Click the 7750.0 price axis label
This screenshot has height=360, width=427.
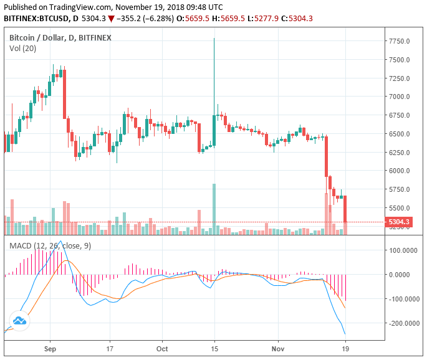click(399, 41)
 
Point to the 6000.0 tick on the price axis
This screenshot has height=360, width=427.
click(399, 171)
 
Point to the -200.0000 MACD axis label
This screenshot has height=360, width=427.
click(403, 323)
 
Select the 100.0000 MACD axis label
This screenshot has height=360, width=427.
click(403, 250)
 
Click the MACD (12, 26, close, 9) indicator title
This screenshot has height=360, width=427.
click(50, 246)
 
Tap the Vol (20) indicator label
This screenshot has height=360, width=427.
click(22, 48)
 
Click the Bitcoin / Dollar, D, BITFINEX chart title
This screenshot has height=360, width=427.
click(60, 37)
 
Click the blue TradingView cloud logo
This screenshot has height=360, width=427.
click(19, 321)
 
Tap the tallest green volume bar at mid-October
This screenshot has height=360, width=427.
click(214, 209)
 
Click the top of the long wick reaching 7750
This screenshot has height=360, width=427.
click(214, 39)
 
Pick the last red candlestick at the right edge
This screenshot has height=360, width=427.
click(345, 209)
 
